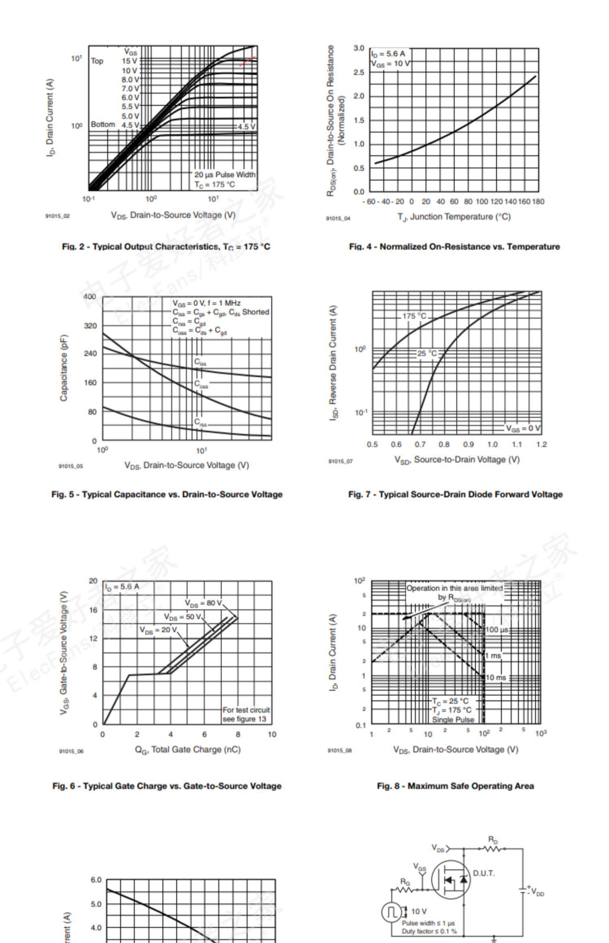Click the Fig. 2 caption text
(x=166, y=247)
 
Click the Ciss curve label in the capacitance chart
(x=200, y=362)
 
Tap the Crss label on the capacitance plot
(x=200, y=422)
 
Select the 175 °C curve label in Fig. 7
(x=414, y=316)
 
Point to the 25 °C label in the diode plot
(x=427, y=353)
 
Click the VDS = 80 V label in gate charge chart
(x=203, y=603)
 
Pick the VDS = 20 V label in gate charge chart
(x=158, y=630)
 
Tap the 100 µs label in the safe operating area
(x=497, y=630)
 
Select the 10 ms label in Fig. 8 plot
(x=496, y=677)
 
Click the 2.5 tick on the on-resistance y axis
(x=359, y=72)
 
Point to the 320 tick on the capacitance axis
(x=90, y=326)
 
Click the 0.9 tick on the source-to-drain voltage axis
(x=468, y=445)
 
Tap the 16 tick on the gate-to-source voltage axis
(x=93, y=610)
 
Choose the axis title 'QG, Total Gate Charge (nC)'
(x=188, y=749)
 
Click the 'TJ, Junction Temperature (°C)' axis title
(x=454, y=217)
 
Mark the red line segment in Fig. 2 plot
(x=248, y=61)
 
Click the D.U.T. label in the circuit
(x=484, y=873)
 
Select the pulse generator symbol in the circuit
(x=391, y=912)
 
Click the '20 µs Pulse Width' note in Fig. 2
(x=225, y=175)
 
